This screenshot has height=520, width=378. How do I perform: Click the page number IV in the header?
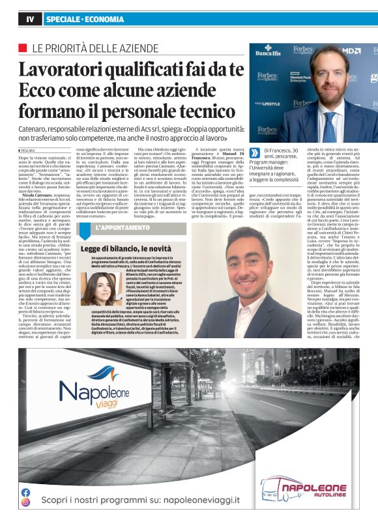(29, 20)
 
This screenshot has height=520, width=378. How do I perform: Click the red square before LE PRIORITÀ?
(23, 48)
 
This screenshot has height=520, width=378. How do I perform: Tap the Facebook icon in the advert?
(25, 493)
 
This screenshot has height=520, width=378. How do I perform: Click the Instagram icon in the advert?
(25, 502)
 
